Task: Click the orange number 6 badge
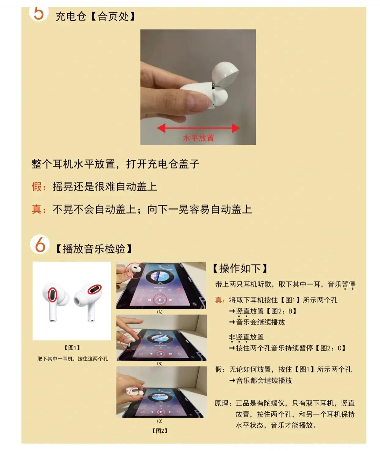pos(40,245)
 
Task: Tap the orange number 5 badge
pos(39,13)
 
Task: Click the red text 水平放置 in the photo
pos(198,138)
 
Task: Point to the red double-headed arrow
pos(198,128)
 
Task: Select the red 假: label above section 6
pos(39,186)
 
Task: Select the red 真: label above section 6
pos(39,209)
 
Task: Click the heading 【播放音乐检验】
pos(94,249)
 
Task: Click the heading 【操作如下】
pos(240,268)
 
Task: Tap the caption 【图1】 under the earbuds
pos(72,348)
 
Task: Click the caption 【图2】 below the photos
pos(160,431)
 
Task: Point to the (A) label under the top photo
pos(159,312)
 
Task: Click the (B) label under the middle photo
pos(159,364)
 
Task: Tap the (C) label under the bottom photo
pos(159,421)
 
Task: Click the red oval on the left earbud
pos(53,294)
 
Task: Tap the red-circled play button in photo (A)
pos(160,300)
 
